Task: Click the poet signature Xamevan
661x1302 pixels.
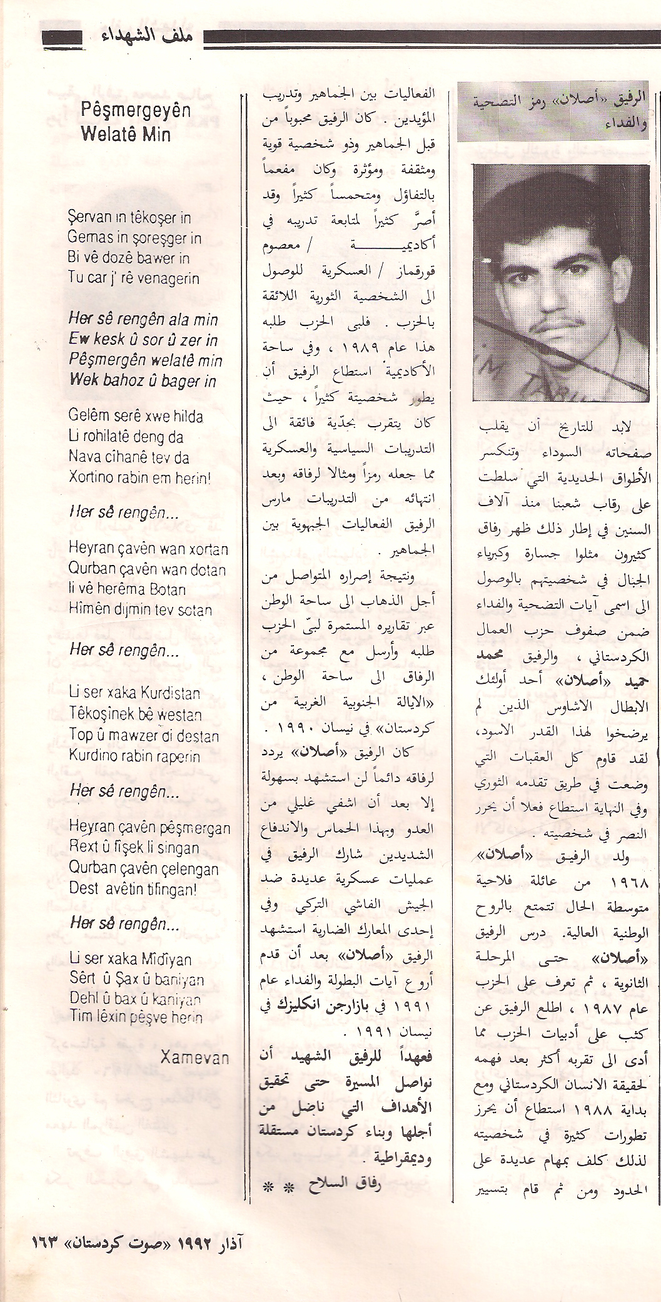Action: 194,1057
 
